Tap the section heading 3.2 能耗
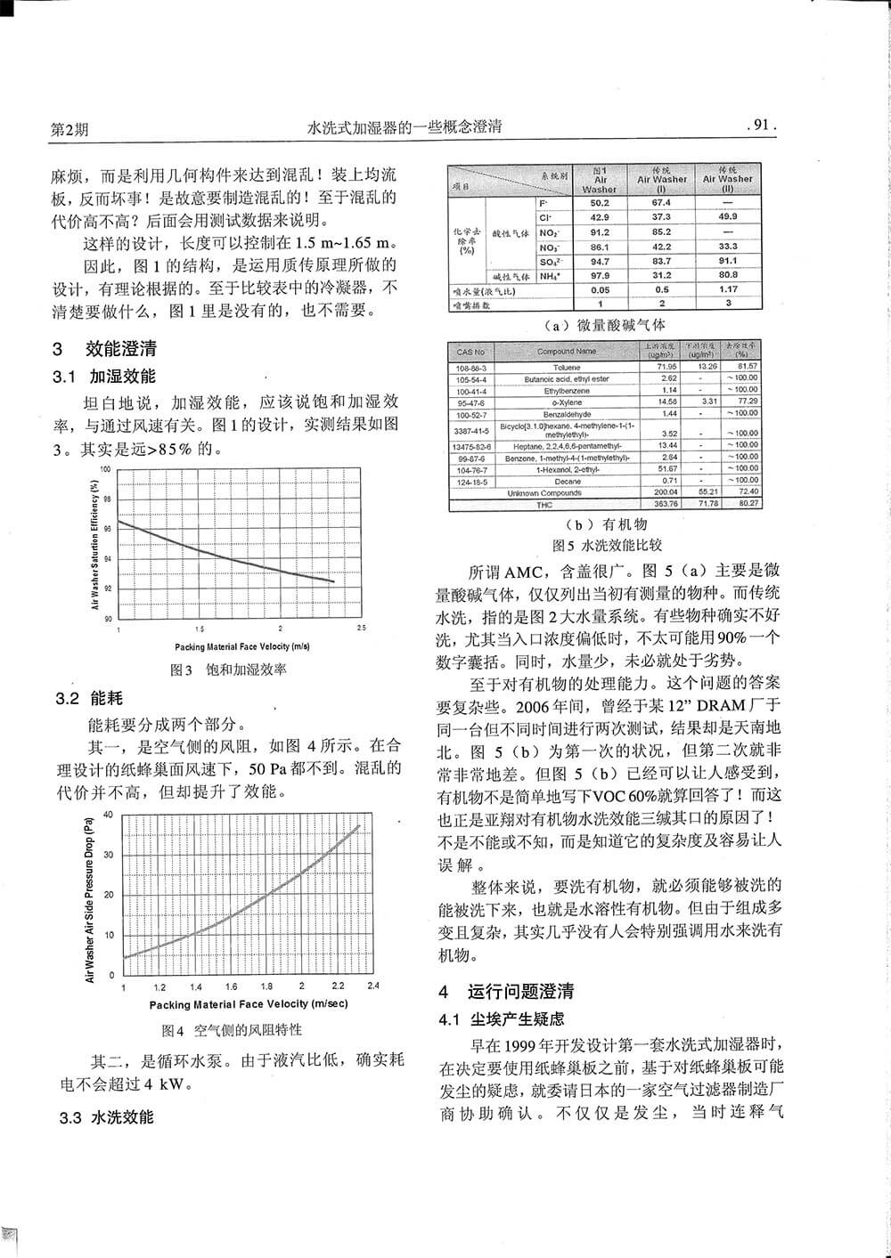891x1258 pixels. pyautogui.click(x=90, y=698)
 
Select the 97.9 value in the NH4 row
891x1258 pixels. pyautogui.click(x=600, y=275)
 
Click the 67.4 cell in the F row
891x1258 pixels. pyautogui.click(x=661, y=202)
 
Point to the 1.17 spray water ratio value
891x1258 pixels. pyautogui.click(x=727, y=289)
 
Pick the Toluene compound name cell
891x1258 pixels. pyautogui.click(x=566, y=367)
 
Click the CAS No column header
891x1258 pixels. pyautogui.click(x=470, y=352)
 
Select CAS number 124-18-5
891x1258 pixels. pyautogui.click(x=470, y=481)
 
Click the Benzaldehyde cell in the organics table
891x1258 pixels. pyautogui.click(x=566, y=413)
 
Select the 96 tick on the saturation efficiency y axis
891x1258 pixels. pyautogui.click(x=108, y=528)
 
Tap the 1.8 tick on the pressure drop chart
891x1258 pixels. pyautogui.click(x=266, y=987)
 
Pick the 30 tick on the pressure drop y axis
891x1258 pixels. pyautogui.click(x=110, y=855)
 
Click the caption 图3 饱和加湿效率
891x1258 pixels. pyautogui.click(x=228, y=670)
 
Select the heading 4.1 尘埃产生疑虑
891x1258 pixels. pyautogui.click(x=502, y=1019)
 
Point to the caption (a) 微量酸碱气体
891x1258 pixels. pyautogui.click(x=604, y=325)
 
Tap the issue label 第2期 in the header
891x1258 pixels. pyautogui.click(x=69, y=128)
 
